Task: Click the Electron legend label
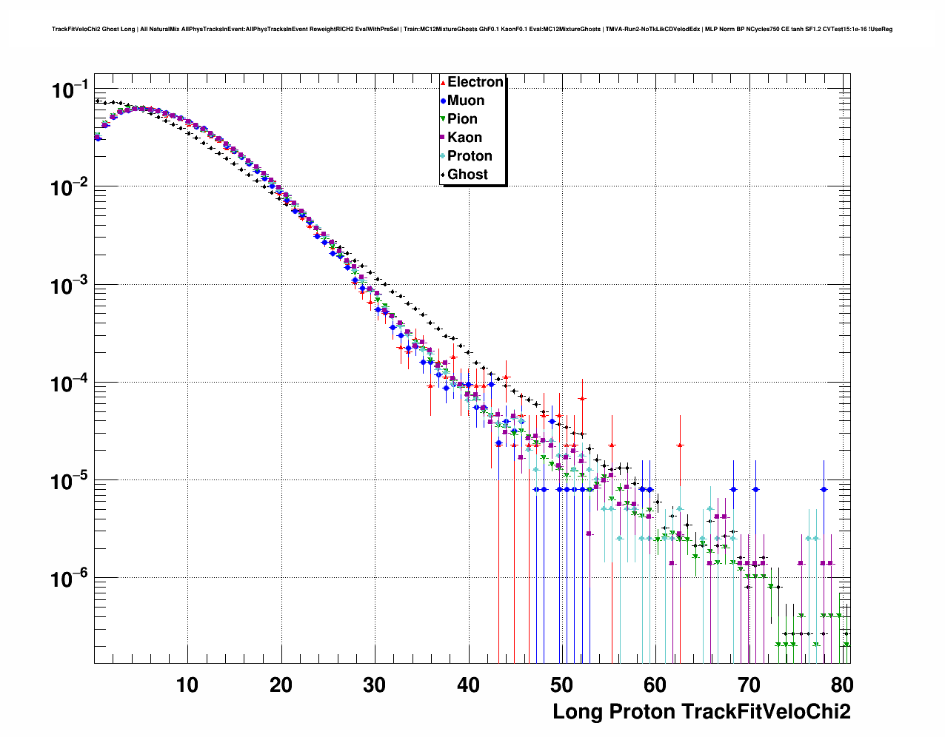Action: point(475,82)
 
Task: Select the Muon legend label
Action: point(466,101)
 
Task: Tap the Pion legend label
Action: point(462,119)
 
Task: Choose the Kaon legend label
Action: point(464,138)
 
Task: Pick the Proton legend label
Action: point(470,156)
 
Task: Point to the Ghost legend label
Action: point(467,175)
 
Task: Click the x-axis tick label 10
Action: point(187,685)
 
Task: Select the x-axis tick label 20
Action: point(281,685)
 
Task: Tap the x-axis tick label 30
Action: point(375,685)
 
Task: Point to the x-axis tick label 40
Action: point(468,685)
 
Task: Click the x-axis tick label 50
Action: point(562,685)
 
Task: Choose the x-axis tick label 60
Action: point(655,685)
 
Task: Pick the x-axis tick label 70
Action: point(749,685)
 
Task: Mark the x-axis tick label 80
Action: point(842,685)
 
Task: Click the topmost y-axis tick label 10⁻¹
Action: point(70,90)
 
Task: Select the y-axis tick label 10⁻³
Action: point(70,286)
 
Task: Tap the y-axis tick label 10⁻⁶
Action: point(70,579)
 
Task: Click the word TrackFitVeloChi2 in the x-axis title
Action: point(765,712)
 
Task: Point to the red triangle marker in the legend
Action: point(443,83)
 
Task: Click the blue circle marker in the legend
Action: point(443,101)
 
